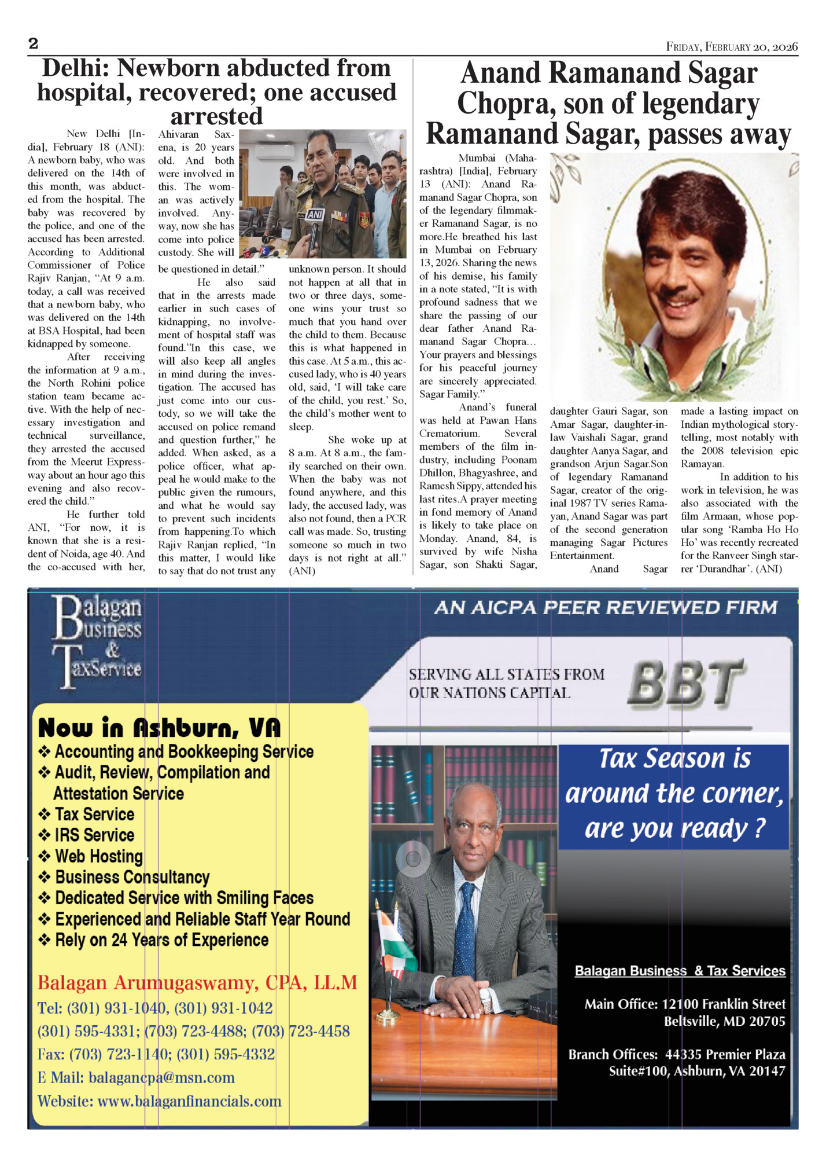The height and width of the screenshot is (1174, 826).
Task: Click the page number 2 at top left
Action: [34, 44]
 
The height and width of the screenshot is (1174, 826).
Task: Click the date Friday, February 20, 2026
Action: [732, 47]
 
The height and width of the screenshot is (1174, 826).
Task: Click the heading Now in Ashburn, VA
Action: [159, 728]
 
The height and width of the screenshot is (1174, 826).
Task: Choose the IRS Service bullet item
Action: [94, 835]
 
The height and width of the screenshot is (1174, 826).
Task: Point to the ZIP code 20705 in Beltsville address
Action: [767, 1021]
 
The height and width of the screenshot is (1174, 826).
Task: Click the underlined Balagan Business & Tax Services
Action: [680, 971]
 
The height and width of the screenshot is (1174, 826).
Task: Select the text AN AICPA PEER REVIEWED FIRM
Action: [605, 607]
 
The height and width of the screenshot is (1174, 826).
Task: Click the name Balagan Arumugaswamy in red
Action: [145, 983]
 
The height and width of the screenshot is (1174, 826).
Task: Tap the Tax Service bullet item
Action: [94, 814]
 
